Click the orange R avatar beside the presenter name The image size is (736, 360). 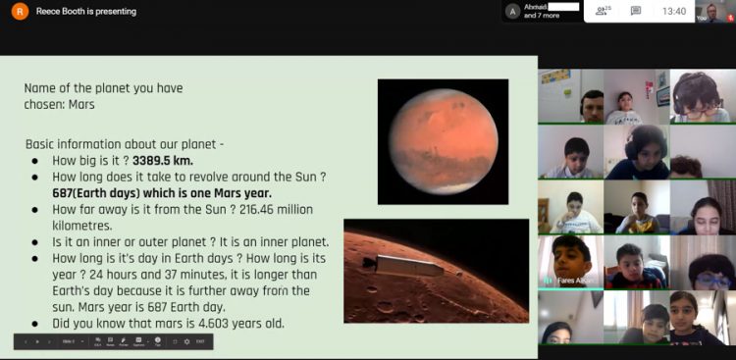point(21,12)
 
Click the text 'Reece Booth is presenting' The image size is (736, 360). point(86,12)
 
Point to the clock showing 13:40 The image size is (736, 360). point(674,12)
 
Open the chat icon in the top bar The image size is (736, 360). point(636,12)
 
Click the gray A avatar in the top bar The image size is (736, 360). point(512,11)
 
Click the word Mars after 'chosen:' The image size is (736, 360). point(82,104)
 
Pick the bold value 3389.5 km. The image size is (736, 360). point(165,161)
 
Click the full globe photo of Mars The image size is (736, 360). point(443,141)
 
